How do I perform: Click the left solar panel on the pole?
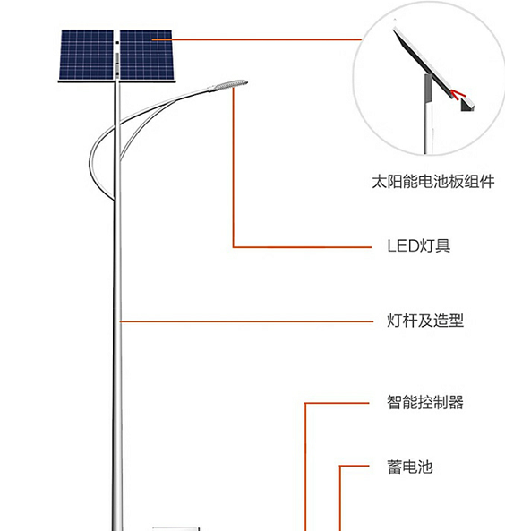(x=86, y=55)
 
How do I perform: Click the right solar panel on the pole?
(x=148, y=55)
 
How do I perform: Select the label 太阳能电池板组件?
(x=433, y=182)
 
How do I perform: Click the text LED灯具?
(x=419, y=245)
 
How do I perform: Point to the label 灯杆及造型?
(x=425, y=321)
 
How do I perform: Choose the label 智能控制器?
(x=425, y=402)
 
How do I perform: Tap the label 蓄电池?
(x=410, y=467)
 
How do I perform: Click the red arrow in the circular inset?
(x=458, y=95)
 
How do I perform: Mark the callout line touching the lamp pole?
(x=246, y=321)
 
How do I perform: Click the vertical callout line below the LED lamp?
(x=233, y=167)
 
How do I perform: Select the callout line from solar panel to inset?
(x=257, y=39)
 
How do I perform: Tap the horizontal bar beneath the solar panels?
(x=117, y=81)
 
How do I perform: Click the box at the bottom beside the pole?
(x=175, y=528)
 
